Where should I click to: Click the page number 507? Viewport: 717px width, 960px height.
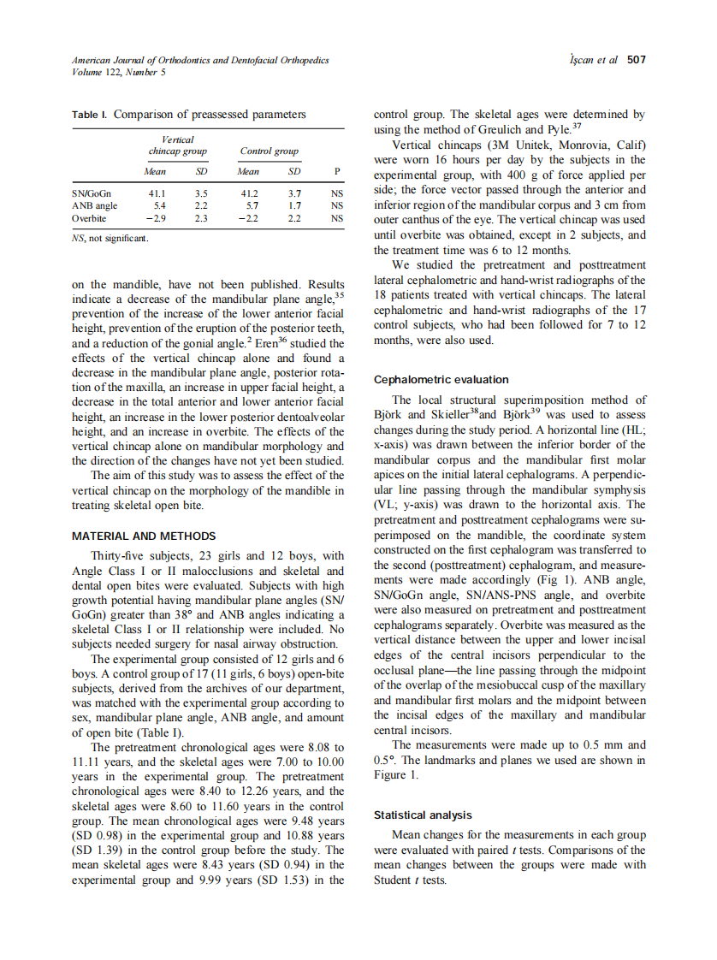tap(636, 60)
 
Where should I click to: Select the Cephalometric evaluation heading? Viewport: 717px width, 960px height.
tap(441, 379)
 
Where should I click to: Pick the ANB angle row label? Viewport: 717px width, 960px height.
tap(94, 205)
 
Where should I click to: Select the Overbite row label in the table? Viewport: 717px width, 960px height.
tap(89, 218)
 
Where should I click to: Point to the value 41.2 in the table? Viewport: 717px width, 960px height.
tap(249, 193)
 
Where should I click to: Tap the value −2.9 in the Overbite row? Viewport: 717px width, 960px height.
tap(155, 218)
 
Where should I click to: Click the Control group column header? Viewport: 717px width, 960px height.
tap(270, 151)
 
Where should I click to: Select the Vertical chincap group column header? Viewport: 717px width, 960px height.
tap(177, 145)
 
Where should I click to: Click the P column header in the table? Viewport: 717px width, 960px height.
tap(337, 171)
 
